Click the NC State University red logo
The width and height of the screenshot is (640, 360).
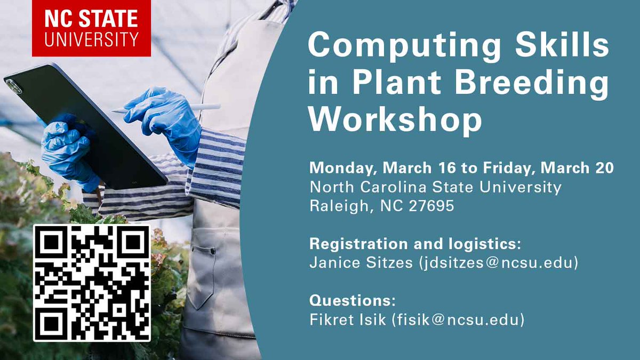pos(91,28)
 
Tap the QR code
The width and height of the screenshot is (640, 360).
pos(92,283)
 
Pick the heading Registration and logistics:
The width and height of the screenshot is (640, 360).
pos(415,244)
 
